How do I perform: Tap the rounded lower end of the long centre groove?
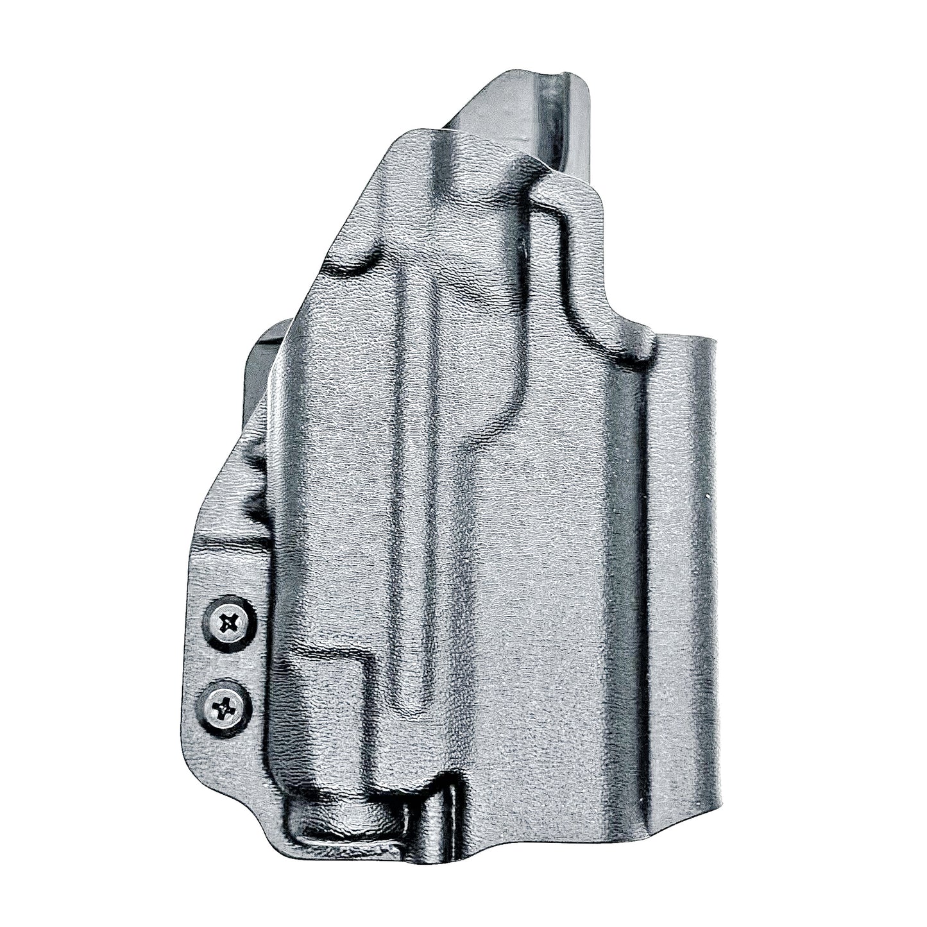click(411, 693)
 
